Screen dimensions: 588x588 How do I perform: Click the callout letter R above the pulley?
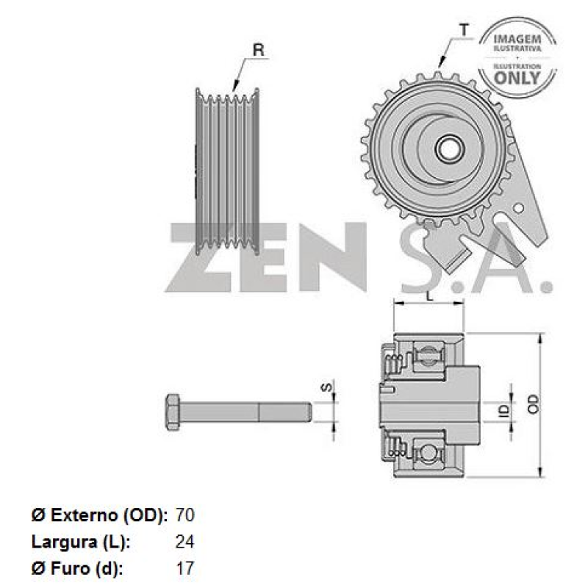pyautogui.click(x=258, y=50)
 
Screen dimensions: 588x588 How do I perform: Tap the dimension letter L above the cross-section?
pyautogui.click(x=429, y=296)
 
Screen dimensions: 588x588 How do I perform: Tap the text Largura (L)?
pyautogui.click(x=81, y=542)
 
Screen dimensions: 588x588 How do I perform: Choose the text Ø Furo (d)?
pyautogui.click(x=77, y=568)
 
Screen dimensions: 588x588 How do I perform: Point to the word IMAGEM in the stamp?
pyautogui.click(x=517, y=37)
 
